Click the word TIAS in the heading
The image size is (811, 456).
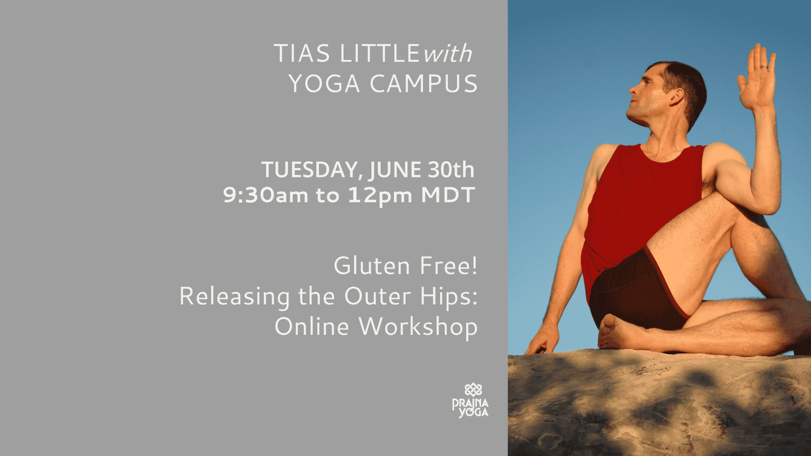(302, 54)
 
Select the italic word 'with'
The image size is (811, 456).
(448, 54)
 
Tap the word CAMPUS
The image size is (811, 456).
(424, 84)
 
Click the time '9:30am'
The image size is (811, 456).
(266, 195)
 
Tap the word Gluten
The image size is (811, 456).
(372, 266)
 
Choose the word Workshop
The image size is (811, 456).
(418, 327)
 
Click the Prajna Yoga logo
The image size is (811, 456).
(471, 401)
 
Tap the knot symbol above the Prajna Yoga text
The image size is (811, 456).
(473, 389)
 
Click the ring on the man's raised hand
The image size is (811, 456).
(764, 67)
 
